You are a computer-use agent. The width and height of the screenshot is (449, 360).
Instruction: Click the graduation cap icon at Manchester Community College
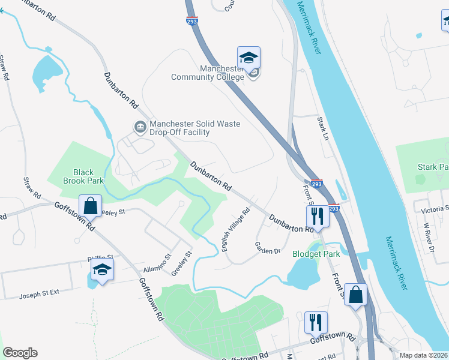pyautogui.click(x=249, y=58)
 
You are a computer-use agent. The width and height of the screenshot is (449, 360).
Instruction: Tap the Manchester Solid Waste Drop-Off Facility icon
pyautogui.click(x=140, y=127)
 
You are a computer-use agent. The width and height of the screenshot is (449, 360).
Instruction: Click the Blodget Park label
pyautogui.click(x=316, y=254)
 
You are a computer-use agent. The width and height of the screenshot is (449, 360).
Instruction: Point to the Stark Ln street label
pyautogui.click(x=324, y=129)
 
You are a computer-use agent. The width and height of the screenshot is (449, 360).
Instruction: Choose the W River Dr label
pyautogui.click(x=428, y=237)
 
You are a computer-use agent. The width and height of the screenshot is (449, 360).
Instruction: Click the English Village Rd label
pyautogui.click(x=236, y=229)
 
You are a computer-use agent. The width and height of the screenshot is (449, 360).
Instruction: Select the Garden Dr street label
pyautogui.click(x=268, y=247)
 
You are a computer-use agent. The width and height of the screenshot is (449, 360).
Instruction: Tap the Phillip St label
pyautogui.click(x=100, y=259)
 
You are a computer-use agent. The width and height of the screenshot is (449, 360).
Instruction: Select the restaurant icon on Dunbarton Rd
pyautogui.click(x=317, y=217)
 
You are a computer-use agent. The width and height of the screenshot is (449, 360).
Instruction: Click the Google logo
pyautogui.click(x=20, y=353)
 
